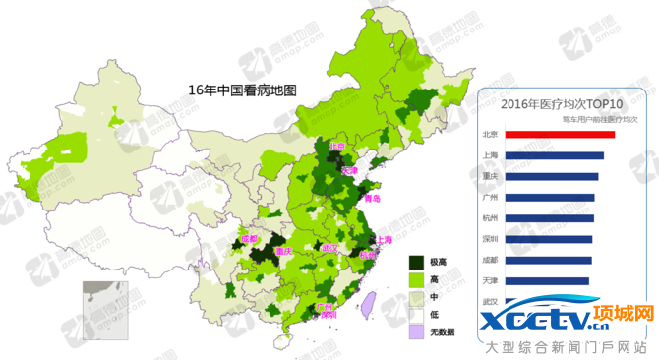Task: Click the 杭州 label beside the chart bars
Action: click(x=490, y=218)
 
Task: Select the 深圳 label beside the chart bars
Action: click(x=490, y=239)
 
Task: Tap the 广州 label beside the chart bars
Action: click(x=490, y=198)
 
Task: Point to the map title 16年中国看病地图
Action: click(x=242, y=90)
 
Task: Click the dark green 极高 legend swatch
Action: click(x=417, y=262)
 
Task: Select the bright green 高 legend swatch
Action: click(x=417, y=279)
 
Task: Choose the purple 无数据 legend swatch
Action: click(x=417, y=331)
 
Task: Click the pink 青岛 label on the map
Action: click(x=371, y=199)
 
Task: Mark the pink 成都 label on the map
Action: click(x=250, y=238)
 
